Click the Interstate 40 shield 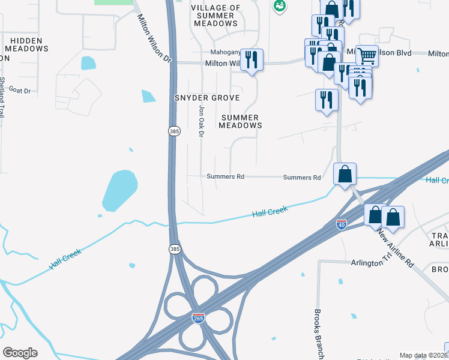click(x=341, y=224)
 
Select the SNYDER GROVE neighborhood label click(x=207, y=98)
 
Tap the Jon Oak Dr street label click(x=201, y=120)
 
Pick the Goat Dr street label click(x=20, y=90)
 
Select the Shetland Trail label click(x=2, y=97)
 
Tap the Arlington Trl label click(x=370, y=263)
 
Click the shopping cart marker click(x=367, y=56)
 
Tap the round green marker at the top click(x=279, y=7)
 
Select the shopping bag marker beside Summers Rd click(x=345, y=175)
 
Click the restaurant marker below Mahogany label click(x=252, y=60)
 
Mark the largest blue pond click(x=119, y=190)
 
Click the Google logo click(x=20, y=353)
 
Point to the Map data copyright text click(x=423, y=355)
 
